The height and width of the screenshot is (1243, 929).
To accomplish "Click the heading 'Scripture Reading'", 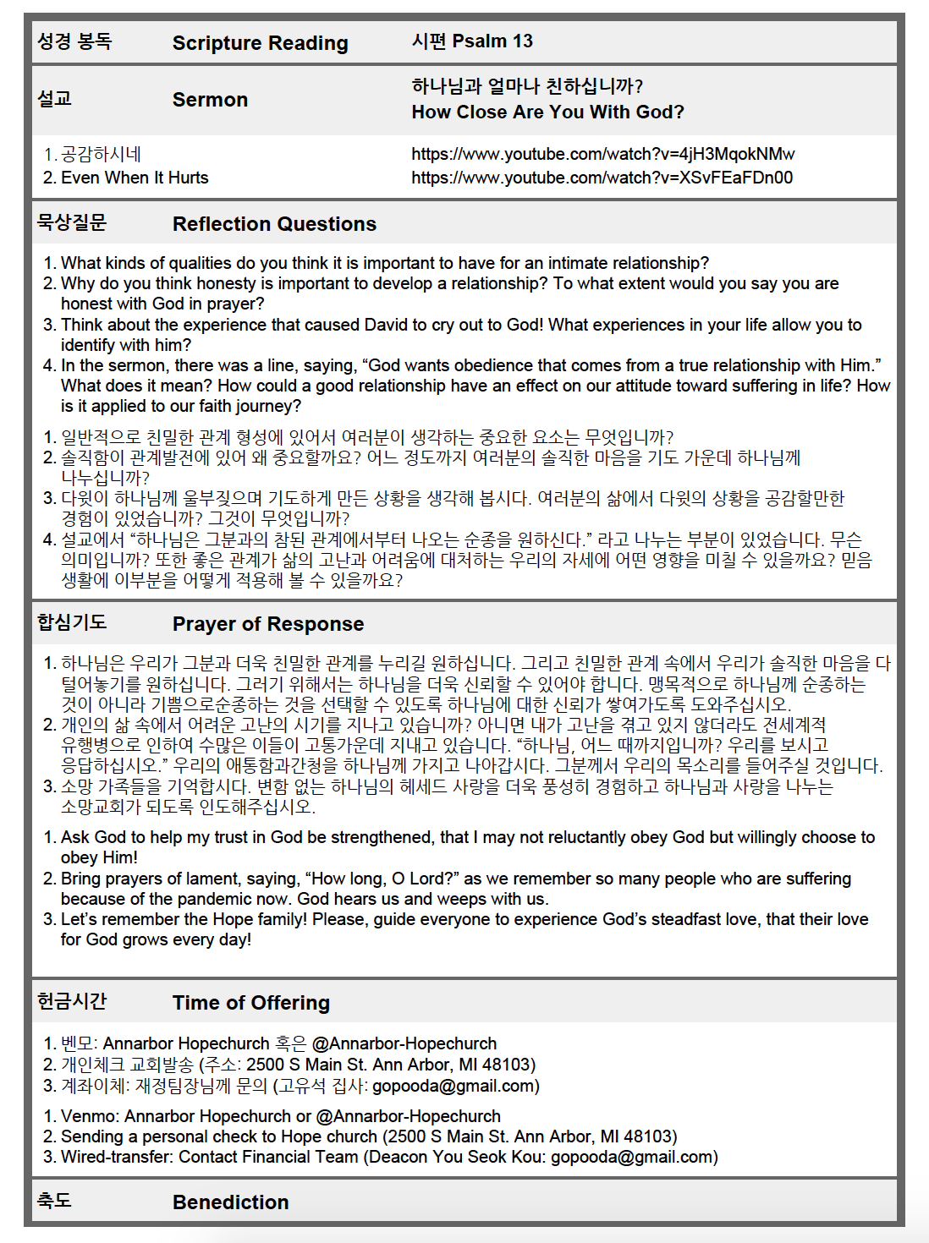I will pos(260,43).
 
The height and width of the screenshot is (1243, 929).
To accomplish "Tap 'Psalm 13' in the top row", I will pos(492,41).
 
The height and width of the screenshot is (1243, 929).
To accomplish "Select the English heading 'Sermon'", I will pos(210,100).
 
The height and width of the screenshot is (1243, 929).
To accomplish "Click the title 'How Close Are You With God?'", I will pos(547,112).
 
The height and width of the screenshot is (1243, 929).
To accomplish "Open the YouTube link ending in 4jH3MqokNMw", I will pos(602,154).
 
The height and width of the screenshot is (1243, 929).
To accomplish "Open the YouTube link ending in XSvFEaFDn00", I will pos(602,178).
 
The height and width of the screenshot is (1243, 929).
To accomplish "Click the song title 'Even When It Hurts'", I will pos(135,178).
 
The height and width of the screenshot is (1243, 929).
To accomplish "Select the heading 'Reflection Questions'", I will pos(274,224).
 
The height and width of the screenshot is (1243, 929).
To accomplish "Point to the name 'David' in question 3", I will pos(386,325).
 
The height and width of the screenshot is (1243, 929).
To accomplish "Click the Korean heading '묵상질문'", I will pos(72,223).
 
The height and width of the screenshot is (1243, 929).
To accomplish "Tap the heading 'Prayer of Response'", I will pos(268,624).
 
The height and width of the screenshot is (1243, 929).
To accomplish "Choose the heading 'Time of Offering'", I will pos(251,1003).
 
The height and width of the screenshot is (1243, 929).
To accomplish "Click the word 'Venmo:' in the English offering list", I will pos(90,1116).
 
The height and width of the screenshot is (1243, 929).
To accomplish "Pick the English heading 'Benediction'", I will pos(230,1202).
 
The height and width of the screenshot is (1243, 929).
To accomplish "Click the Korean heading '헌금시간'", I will pos(72,1002).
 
